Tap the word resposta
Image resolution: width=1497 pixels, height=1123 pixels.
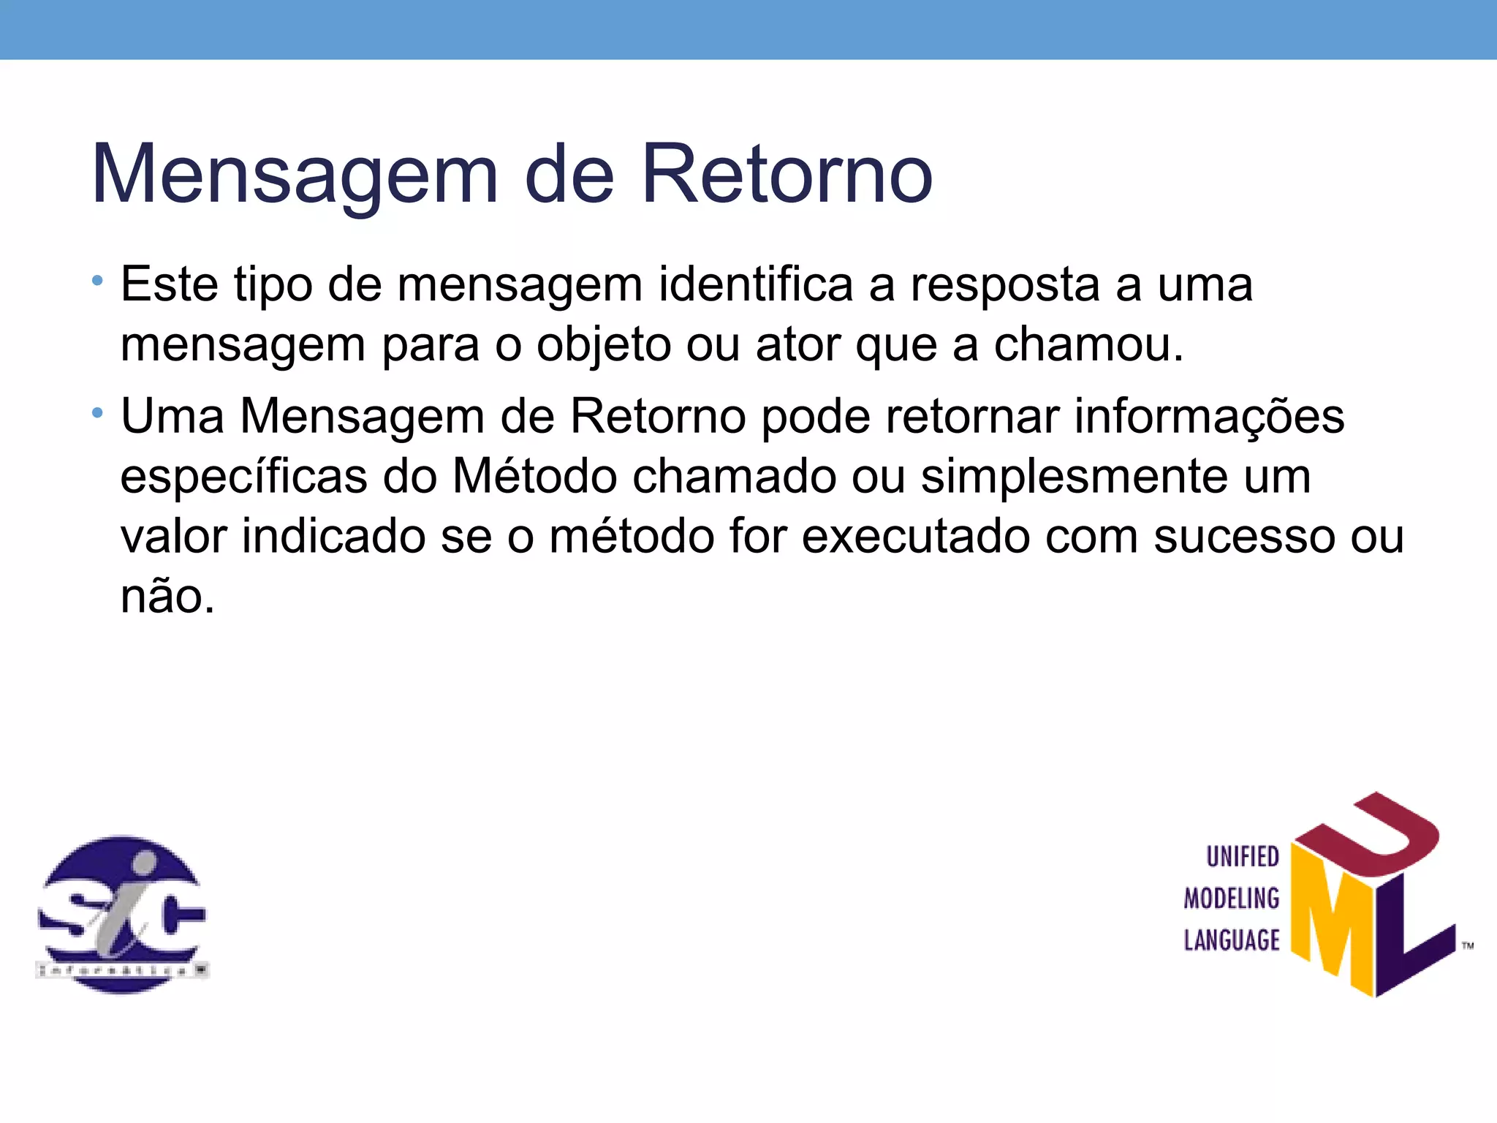pos(1005,285)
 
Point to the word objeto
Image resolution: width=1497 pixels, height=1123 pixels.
pos(604,345)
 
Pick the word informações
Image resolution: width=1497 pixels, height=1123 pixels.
pos(1209,417)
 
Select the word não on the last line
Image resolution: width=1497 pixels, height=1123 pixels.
pos(167,597)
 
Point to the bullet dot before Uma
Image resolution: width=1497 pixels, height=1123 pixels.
pos(98,414)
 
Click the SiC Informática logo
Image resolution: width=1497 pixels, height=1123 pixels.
pos(122,914)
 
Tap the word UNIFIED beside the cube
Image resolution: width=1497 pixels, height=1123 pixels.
pos(1243,857)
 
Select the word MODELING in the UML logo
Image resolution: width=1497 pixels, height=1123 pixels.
pos(1232,899)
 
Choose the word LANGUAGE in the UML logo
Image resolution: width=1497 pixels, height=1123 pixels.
pos(1232,940)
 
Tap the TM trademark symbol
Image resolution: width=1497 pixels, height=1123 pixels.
pos(1468,946)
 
